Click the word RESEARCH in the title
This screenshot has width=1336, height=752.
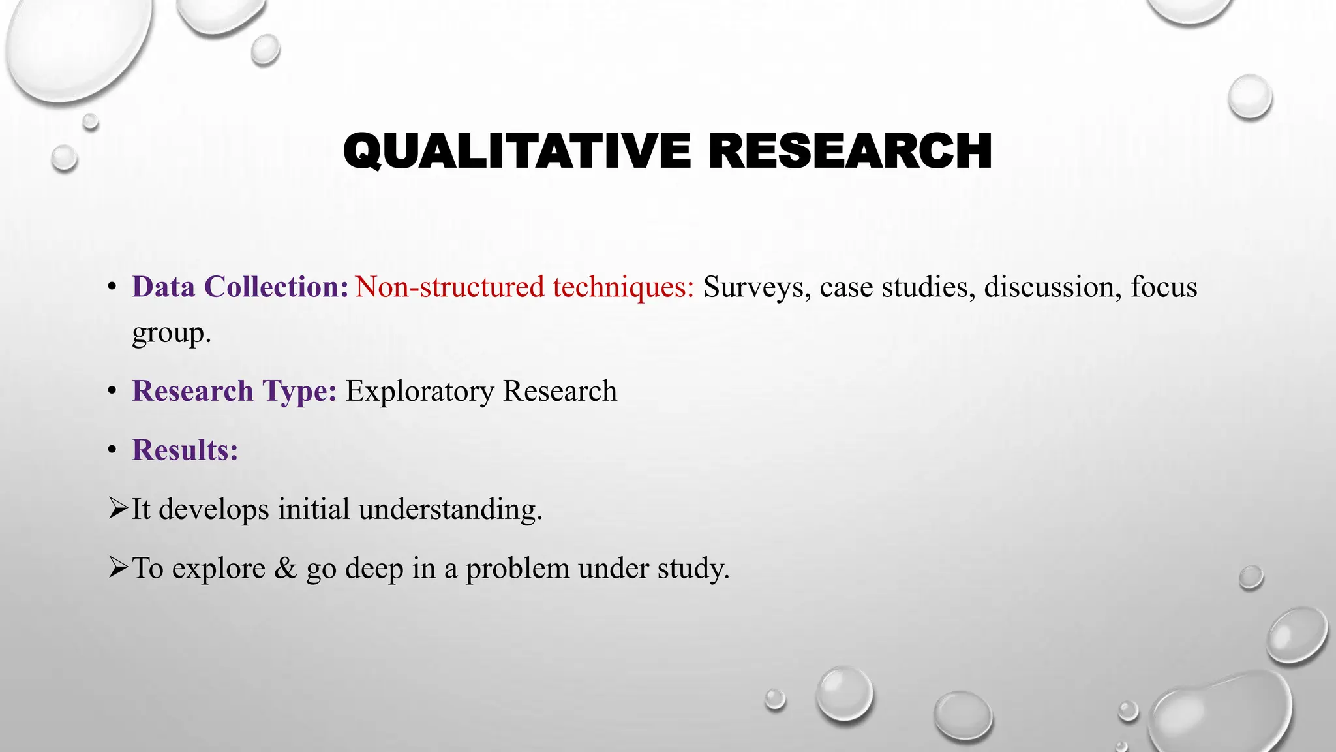click(849, 151)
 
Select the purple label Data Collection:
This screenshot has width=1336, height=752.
click(240, 287)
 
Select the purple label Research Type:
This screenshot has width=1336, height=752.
click(234, 392)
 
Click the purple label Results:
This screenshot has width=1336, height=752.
click(185, 450)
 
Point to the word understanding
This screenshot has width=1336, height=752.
click(449, 510)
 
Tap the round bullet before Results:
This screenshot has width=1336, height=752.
click(113, 450)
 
